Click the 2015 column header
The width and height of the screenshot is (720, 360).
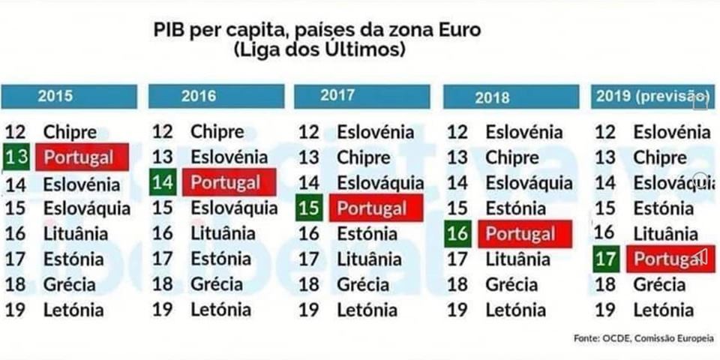pos(69,97)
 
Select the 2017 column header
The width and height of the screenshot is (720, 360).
pos(361,96)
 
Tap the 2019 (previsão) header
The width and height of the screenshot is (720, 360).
pos(651,97)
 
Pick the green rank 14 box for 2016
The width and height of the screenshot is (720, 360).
pos(163,182)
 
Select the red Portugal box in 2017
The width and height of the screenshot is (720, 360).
pos(376,208)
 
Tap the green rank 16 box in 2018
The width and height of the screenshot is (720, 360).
pos(457,234)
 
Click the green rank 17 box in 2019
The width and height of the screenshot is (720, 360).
pos(605,259)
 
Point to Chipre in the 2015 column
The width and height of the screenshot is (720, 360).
pos(70,132)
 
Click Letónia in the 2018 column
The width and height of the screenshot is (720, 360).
pos(516,309)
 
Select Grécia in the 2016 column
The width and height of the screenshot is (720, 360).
pos(217,284)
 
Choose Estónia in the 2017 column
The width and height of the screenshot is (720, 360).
pos(367,234)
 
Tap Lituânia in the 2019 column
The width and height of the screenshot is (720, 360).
pos(664,233)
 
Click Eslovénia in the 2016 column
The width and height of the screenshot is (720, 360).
pos(229,157)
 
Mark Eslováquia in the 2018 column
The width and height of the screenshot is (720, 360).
pos(528,182)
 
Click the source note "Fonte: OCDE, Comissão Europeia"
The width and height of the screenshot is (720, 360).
pos(643,338)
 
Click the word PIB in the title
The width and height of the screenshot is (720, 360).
pos(169,31)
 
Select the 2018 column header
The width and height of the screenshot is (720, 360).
pos(511,97)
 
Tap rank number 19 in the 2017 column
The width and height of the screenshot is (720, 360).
pos(309,309)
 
